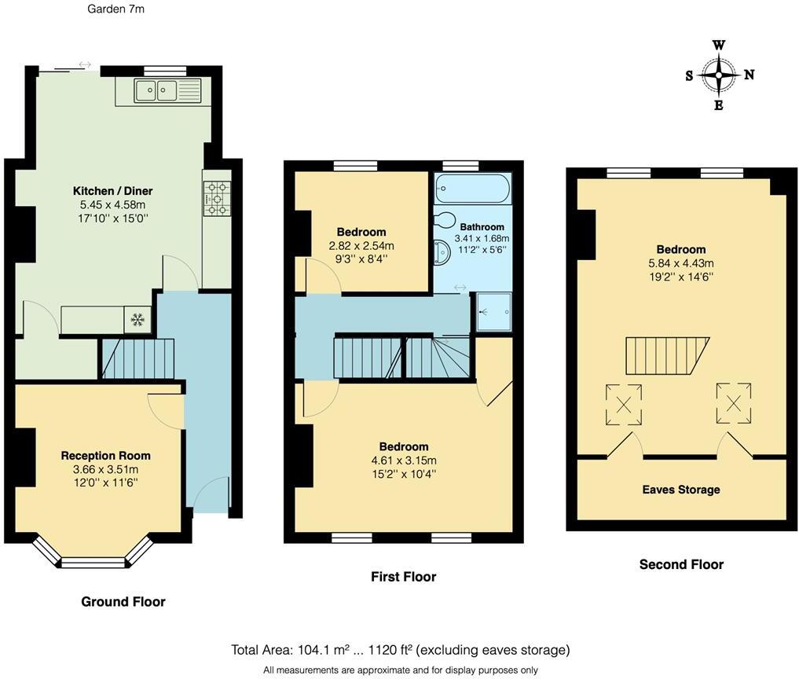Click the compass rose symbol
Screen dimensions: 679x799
pos(719,75)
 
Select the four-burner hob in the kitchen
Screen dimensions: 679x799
pos(217,198)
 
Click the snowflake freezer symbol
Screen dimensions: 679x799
pos(137,319)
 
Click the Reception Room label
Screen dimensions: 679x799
pos(106,456)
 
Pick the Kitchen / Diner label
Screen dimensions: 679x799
pos(112,191)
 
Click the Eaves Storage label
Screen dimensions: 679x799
pos(681,490)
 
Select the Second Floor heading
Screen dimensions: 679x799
pos(681,564)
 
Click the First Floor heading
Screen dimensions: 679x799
pos(403,577)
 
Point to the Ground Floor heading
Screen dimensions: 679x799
pos(123,602)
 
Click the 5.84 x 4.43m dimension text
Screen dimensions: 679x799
pos(681,263)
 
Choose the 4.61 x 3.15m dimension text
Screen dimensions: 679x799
pos(404,461)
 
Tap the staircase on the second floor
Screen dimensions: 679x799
pos(667,356)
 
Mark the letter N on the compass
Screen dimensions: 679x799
pos(749,75)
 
